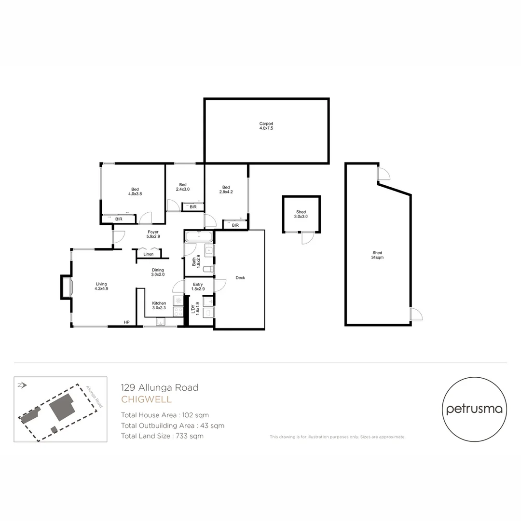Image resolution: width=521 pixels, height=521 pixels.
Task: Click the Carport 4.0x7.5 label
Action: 266,126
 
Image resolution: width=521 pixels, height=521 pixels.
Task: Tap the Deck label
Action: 240,278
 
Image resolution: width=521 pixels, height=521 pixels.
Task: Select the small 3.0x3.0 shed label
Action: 301,215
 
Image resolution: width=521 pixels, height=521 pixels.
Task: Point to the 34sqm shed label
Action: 377,255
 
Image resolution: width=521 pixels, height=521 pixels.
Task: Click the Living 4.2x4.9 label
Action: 101,287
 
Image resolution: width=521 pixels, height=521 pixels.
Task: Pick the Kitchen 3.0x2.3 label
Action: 159,305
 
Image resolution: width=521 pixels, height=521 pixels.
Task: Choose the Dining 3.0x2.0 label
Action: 158,272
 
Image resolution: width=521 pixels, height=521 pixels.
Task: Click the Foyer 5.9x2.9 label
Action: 153,234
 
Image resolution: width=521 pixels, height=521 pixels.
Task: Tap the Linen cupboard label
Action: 149,254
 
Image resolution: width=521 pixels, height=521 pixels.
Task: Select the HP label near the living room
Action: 126,322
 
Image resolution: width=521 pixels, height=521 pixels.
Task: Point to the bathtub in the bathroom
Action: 199,236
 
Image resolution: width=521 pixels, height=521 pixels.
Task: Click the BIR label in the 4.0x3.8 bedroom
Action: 119,219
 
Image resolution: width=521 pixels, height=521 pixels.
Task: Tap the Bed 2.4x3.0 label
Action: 183,187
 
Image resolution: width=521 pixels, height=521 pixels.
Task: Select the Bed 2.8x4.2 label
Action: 226,190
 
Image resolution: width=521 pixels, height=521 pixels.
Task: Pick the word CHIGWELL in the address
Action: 146,399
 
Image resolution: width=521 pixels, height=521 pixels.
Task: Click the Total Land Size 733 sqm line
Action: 162,436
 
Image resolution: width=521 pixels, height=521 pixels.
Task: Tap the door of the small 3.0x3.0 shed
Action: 307,238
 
